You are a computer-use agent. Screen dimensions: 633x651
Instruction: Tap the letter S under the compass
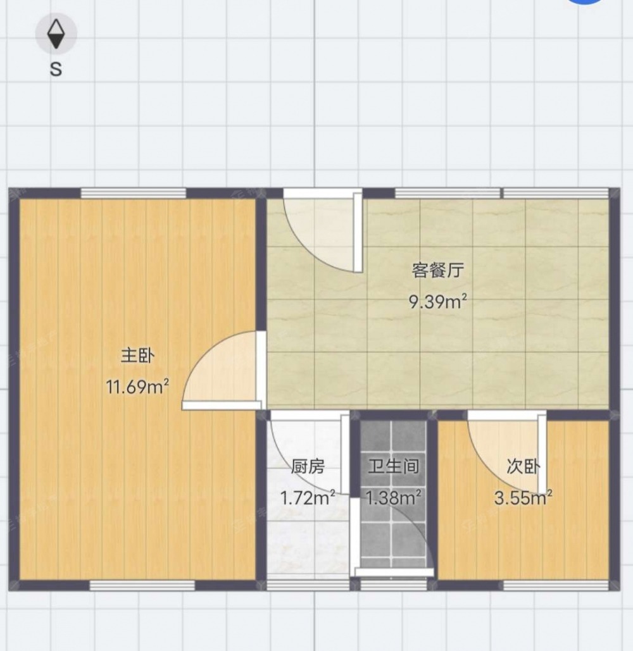coord(56,69)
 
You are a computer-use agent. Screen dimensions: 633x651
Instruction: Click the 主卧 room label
coord(137,356)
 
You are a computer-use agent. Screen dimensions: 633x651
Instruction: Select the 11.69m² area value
coord(137,387)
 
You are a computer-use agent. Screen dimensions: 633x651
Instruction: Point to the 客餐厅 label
coord(438,270)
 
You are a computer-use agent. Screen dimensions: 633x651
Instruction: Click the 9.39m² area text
coord(438,301)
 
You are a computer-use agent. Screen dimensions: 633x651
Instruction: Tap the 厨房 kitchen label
coord(308,467)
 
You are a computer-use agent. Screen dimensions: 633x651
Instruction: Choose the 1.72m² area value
coord(308,497)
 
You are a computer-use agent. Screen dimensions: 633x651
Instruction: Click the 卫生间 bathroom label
coord(393,467)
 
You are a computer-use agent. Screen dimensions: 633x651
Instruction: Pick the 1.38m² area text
coord(393,497)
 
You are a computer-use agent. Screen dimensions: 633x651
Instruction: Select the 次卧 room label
coord(523,467)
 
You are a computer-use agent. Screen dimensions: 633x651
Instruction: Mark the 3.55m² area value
coord(523,497)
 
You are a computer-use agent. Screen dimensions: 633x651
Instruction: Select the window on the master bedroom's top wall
coord(134,194)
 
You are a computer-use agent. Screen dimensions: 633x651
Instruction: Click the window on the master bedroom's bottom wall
coord(142,585)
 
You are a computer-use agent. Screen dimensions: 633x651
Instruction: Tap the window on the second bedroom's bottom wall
coord(556,585)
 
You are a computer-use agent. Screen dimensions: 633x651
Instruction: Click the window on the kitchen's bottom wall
coord(308,585)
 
